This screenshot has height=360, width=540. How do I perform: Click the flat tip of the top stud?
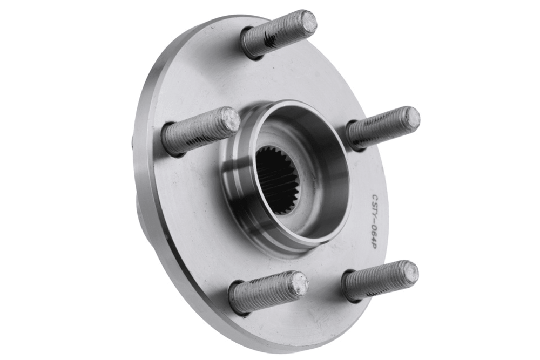[307, 20]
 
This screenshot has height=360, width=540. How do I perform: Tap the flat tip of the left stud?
[230, 119]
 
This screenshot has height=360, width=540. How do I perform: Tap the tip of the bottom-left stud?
[298, 283]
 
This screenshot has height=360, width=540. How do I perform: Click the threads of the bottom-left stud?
[264, 293]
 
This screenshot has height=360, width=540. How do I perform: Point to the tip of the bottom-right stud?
[408, 272]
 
